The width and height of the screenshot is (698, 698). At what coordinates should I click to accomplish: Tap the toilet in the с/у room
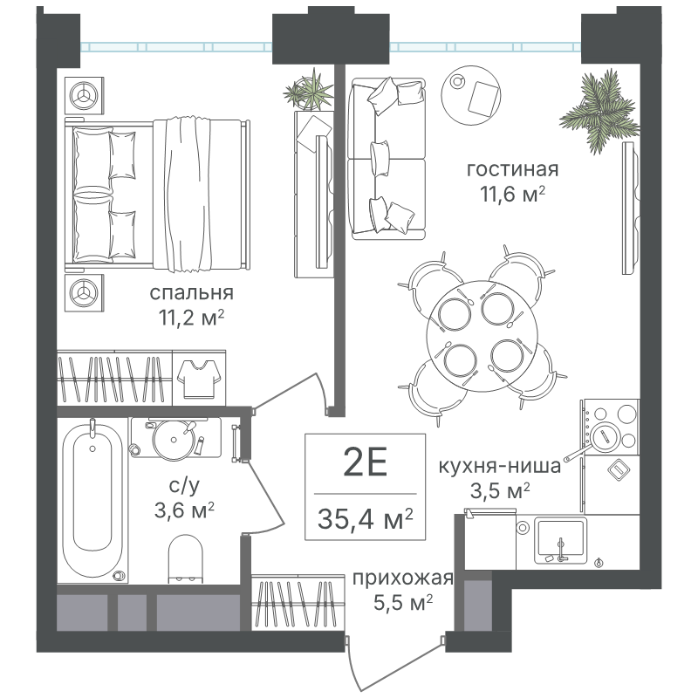[x=185, y=558]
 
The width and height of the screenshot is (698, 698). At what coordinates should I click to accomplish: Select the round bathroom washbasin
[x=174, y=441]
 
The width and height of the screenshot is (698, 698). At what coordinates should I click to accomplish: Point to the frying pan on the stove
[x=597, y=440]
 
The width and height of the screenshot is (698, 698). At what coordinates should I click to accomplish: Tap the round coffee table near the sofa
[x=470, y=96]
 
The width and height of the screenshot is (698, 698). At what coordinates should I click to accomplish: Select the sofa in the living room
[x=387, y=159]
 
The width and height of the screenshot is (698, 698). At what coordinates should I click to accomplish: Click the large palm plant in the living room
[x=599, y=112]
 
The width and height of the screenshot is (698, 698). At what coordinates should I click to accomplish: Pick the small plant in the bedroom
[x=309, y=92]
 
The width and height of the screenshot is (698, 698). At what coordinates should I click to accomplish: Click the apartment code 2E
[x=365, y=463]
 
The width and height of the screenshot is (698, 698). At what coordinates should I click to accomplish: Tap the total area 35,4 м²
[x=365, y=518]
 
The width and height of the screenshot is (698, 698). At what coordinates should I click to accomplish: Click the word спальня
[x=191, y=293]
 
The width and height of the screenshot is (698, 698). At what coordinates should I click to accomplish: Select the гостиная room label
[x=512, y=169]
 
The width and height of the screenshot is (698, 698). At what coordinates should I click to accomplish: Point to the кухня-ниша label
[x=499, y=467]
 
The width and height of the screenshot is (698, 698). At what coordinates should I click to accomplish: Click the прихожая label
[x=403, y=578]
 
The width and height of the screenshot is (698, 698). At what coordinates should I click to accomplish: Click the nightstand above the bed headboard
[x=84, y=95]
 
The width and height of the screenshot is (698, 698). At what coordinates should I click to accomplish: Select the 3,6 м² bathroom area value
[x=184, y=510]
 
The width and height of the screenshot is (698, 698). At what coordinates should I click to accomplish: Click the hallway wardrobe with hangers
[x=298, y=603]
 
